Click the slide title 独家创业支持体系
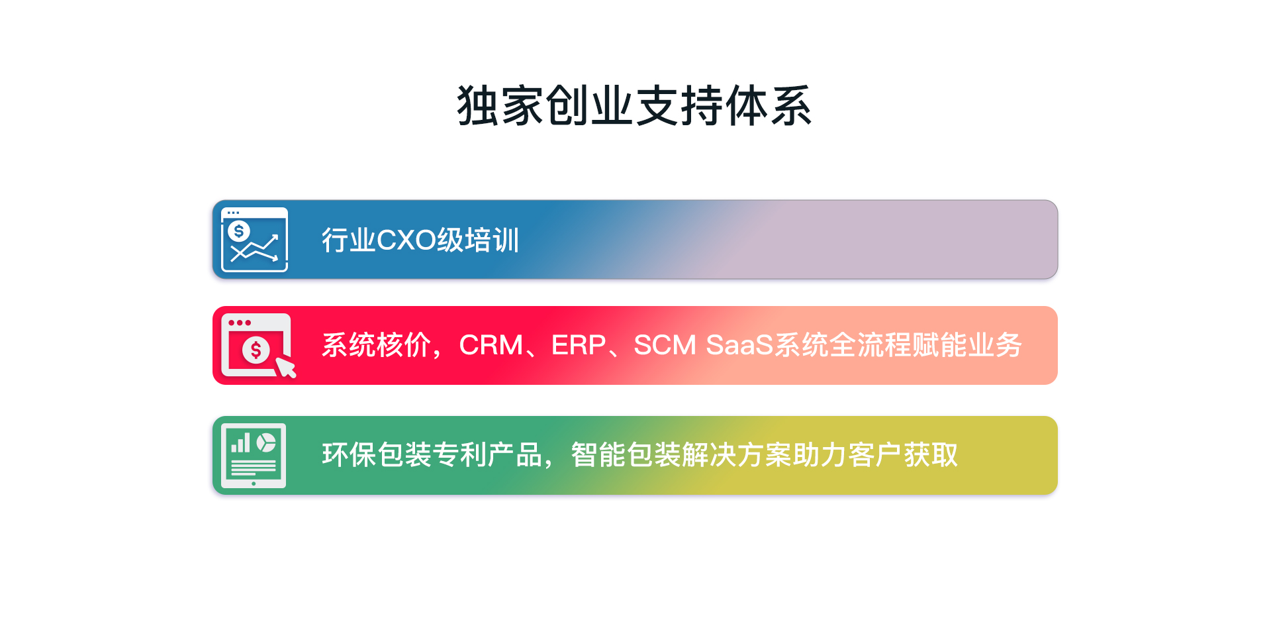tap(634, 106)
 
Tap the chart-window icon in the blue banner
tap(254, 240)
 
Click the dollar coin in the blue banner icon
tap(238, 231)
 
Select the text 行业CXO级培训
tap(420, 240)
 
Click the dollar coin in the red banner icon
tap(256, 350)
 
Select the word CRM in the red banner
tap(491, 345)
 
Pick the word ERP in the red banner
tap(579, 345)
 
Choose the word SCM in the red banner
tap(665, 345)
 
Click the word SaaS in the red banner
tap(739, 345)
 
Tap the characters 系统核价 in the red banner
tap(376, 345)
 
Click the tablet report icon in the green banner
tap(254, 456)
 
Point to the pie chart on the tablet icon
tap(266, 442)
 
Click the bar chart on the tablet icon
tap(240, 443)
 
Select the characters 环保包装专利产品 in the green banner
tap(432, 455)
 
